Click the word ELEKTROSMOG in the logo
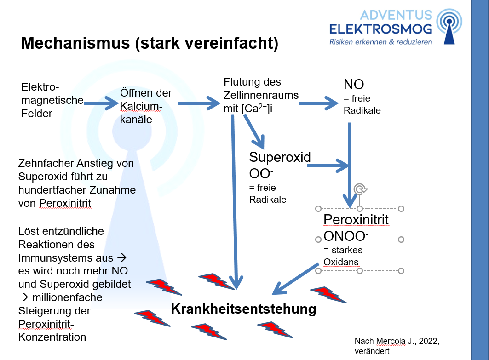click(x=380, y=29)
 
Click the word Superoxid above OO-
click(x=280, y=157)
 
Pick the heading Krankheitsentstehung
click(x=243, y=309)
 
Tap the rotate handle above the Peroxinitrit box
click(x=360, y=189)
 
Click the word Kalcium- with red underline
click(x=141, y=106)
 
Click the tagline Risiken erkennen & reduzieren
click(x=380, y=42)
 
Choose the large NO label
click(x=354, y=85)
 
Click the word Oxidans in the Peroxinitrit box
click(x=341, y=262)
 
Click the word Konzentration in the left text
click(x=52, y=337)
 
